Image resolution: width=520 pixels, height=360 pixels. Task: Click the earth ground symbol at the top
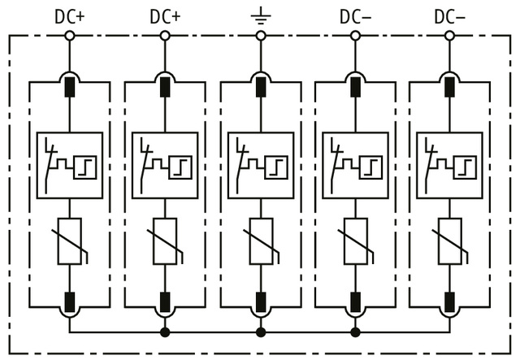[260, 15]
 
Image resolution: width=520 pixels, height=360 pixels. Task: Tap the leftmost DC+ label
[70, 15]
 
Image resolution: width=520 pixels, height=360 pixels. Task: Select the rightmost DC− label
[449, 15]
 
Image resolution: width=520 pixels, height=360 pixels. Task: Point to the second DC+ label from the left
[165, 15]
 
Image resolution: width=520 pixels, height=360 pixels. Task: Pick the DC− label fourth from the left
[355, 15]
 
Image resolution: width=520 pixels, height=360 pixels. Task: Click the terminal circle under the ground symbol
[260, 36]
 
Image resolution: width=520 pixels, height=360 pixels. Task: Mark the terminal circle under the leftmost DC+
[70, 36]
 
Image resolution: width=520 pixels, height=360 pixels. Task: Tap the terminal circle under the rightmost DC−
[449, 36]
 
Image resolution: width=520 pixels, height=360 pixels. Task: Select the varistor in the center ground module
[260, 241]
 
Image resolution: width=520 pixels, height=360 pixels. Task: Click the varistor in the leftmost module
[70, 241]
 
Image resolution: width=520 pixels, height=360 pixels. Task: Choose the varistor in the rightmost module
[449, 241]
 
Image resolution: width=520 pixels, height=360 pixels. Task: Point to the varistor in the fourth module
[355, 241]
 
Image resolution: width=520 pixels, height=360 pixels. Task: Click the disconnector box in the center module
[260, 165]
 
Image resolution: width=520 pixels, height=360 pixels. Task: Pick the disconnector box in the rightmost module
[449, 165]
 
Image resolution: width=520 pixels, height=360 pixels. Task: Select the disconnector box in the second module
[165, 165]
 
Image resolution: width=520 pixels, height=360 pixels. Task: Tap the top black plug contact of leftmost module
[70, 85]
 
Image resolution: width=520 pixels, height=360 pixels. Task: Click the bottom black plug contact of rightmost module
[449, 302]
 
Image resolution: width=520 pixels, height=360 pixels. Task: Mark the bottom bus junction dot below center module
[260, 332]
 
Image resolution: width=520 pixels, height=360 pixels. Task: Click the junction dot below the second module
[165, 332]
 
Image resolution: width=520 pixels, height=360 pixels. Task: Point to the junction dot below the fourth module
[355, 332]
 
